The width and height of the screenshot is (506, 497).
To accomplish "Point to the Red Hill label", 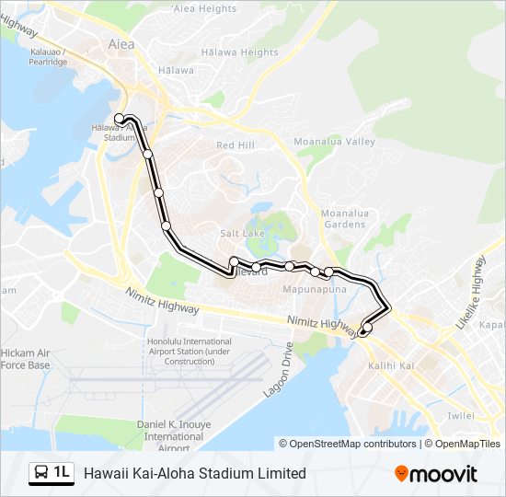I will click(235, 145).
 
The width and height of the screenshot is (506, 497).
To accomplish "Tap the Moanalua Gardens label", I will click(344, 219).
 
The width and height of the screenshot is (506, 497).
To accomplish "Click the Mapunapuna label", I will click(309, 288).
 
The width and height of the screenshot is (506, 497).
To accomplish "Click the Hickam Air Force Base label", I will click(25, 359).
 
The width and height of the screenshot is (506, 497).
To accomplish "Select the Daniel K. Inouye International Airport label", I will click(169, 435).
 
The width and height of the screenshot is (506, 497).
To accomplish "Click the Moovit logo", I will click(436, 473).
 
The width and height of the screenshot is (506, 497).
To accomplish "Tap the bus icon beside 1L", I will click(42, 473).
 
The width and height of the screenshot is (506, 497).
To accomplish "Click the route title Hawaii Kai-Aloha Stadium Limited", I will click(195, 473).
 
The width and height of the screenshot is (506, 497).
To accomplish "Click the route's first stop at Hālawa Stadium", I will click(120, 118).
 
